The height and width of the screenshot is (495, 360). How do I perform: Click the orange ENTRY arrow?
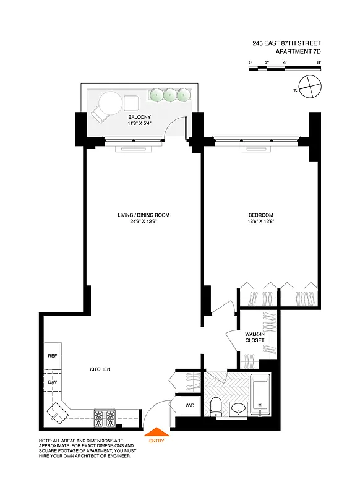click(x=155, y=432)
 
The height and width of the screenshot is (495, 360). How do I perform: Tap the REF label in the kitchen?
click(x=53, y=356)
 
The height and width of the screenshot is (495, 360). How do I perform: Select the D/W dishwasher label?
click(x=53, y=382)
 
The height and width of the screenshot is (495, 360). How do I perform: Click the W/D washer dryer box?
click(x=190, y=406)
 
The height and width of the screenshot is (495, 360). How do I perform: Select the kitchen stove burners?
click(x=105, y=418)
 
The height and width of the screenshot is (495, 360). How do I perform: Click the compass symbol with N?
click(x=309, y=86)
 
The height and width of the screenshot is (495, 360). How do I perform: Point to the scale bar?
click(x=285, y=69)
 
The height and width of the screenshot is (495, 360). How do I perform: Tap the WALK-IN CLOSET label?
click(x=254, y=337)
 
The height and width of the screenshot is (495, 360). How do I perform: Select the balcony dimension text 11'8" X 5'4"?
click(x=139, y=123)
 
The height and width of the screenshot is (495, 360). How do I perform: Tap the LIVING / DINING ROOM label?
click(x=144, y=215)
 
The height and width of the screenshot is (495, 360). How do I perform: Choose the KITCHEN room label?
click(x=100, y=369)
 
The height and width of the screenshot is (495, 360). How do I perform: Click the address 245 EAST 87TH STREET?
click(x=286, y=43)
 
